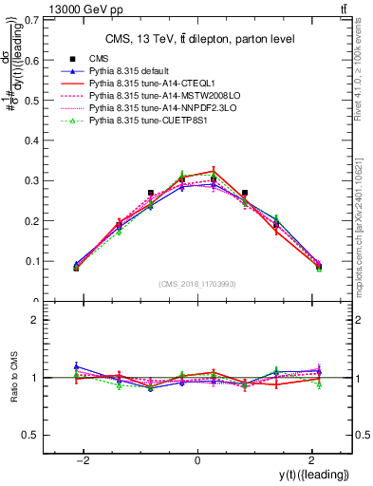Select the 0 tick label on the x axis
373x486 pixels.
click(x=197, y=461)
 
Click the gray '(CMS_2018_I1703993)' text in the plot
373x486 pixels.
click(x=196, y=285)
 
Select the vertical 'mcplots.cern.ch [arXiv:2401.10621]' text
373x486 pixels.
click(x=364, y=218)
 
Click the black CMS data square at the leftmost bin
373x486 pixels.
click(x=76, y=268)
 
